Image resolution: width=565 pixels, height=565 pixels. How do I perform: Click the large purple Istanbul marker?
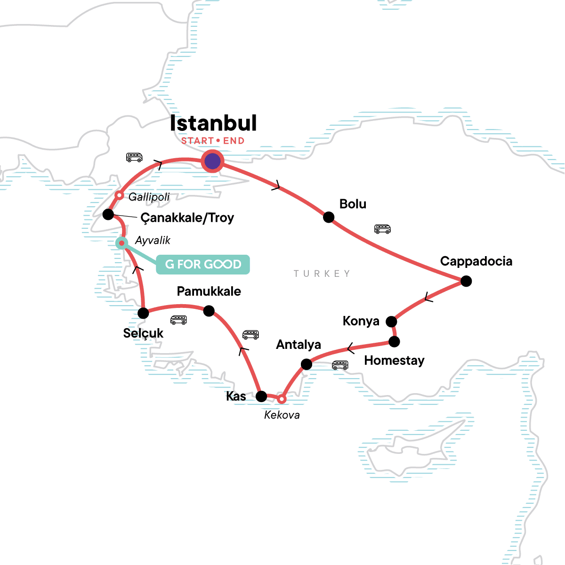[x=212, y=161]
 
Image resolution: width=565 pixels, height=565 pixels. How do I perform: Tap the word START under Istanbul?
[x=197, y=141]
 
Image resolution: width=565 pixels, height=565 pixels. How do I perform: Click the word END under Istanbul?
[x=234, y=141]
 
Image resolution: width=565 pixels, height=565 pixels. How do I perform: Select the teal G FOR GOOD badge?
[x=203, y=265]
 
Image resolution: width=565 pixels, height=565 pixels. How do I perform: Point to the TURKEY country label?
[x=322, y=274]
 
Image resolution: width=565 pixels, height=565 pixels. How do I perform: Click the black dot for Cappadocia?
[x=466, y=281]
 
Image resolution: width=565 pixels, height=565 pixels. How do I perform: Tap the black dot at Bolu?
[x=329, y=217]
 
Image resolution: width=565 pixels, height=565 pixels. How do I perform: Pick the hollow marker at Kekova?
[x=281, y=399]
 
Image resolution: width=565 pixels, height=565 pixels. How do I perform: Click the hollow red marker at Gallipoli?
[x=120, y=195]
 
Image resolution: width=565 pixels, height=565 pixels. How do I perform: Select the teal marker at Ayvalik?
[x=121, y=243]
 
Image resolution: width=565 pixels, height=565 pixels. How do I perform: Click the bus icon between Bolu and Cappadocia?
[x=382, y=229]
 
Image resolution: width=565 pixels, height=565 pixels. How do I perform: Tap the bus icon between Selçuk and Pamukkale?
[x=178, y=320]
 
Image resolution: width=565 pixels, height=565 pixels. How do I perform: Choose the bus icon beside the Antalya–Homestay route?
[x=340, y=365]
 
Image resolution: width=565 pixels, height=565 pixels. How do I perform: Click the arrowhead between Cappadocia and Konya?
[x=428, y=297]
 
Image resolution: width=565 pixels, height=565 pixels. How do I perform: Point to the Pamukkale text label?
[x=209, y=291]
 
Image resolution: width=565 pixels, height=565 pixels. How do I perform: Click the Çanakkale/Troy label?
[x=187, y=218]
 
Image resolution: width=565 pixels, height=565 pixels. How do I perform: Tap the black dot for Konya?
[x=391, y=322]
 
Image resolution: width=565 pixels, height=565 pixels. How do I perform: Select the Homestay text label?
[x=394, y=361]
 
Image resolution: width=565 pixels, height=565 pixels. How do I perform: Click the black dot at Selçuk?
[x=143, y=313]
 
